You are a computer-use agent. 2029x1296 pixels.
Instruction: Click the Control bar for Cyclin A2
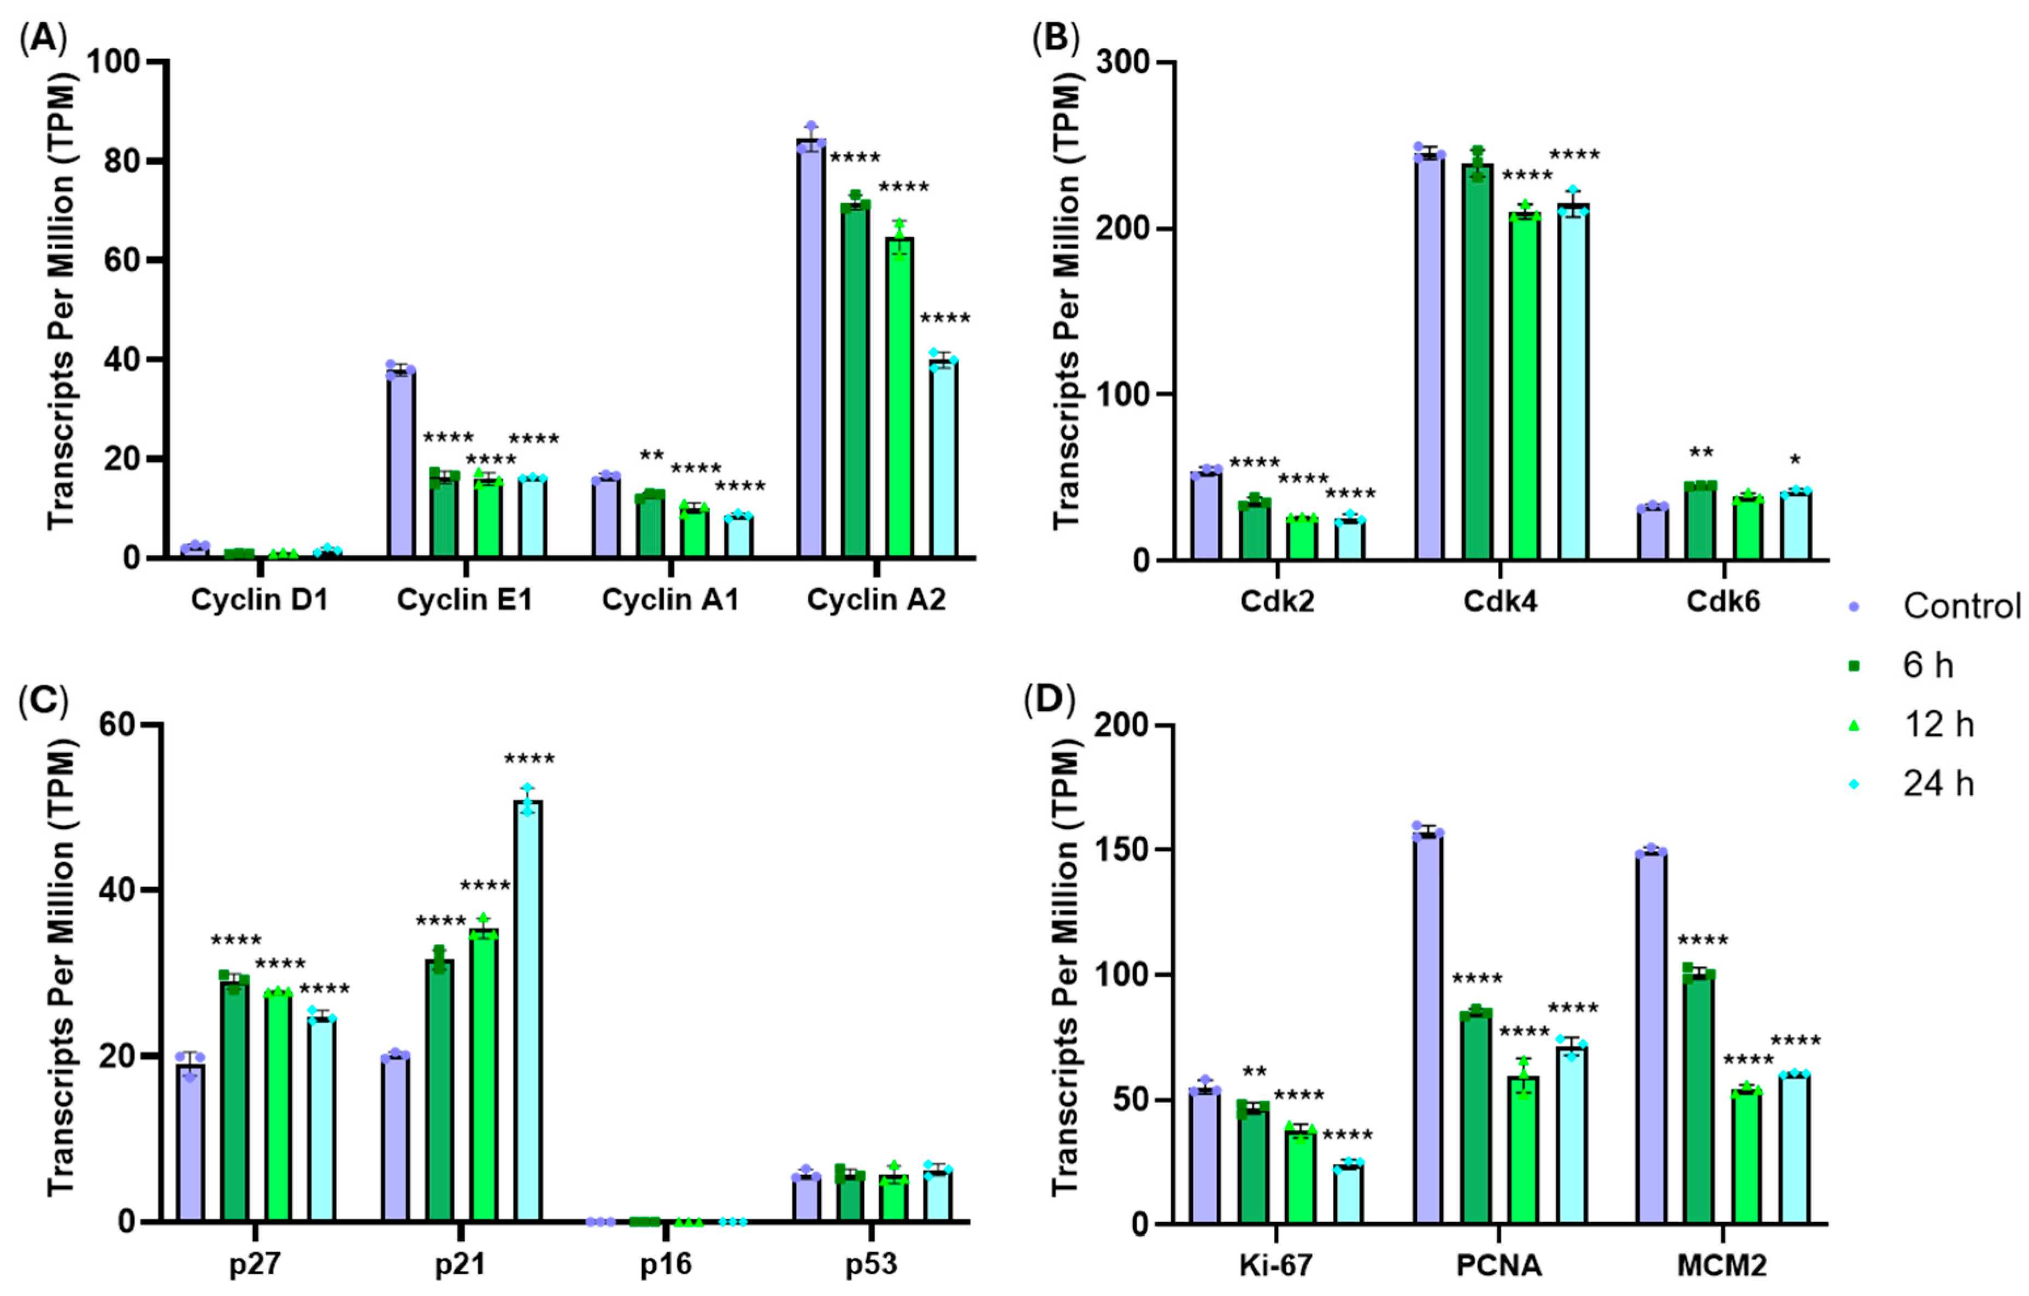(811, 348)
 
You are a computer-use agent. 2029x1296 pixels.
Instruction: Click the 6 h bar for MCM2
(1699, 1099)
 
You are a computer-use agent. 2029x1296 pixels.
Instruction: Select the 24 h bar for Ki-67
(1349, 1194)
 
